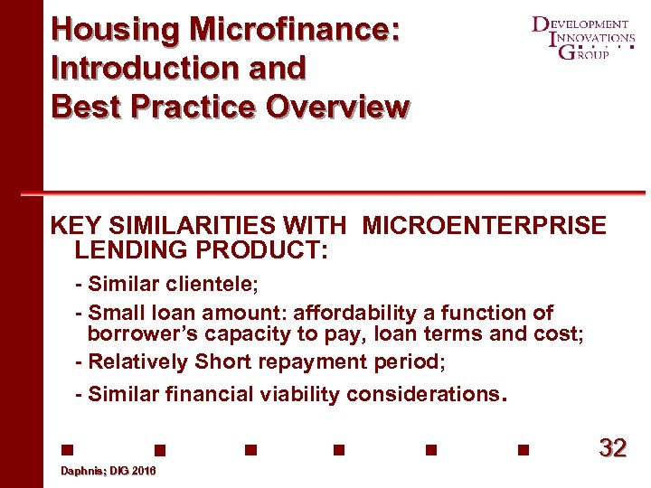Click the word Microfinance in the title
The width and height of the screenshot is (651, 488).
pos(293,29)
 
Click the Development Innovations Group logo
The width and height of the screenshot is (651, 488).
pos(583,38)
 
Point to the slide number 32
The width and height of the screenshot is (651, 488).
pos(612,448)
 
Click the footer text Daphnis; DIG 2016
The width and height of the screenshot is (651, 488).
pos(108,472)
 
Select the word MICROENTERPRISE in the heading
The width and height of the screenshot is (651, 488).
pos(484,225)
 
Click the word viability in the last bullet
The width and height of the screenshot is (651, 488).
pos(293,394)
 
